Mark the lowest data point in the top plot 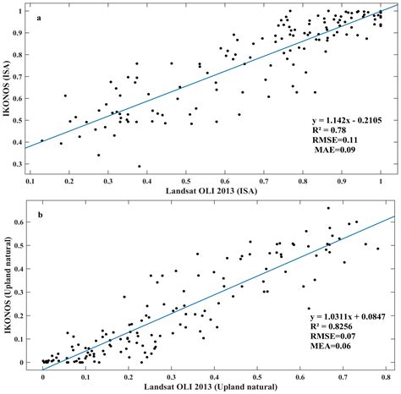139,167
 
